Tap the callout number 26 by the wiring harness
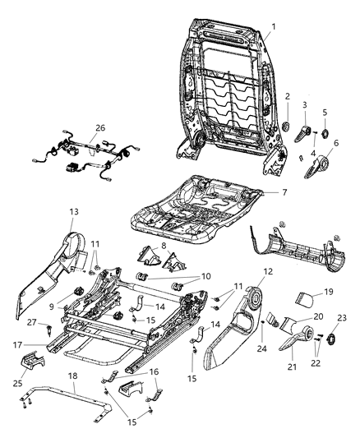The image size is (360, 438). click(100, 127)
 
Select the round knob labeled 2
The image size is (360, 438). click(288, 126)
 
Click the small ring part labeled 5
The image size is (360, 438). click(324, 134)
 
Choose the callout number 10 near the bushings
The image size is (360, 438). click(205, 277)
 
